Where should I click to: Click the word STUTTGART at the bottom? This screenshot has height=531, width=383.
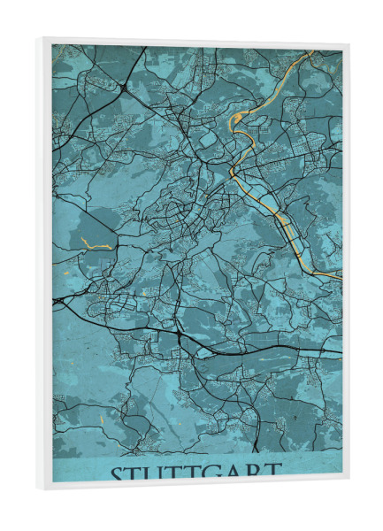click(195, 473)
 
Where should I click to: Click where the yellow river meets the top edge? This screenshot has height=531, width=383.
click(311, 53)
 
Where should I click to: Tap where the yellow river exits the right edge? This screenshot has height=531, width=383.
click(341, 276)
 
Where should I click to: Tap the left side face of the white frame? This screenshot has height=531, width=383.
click(43, 265)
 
